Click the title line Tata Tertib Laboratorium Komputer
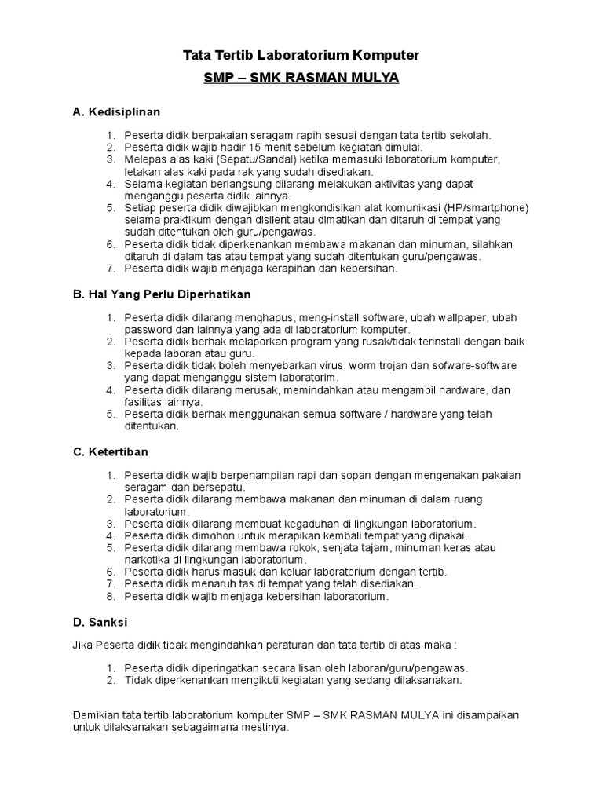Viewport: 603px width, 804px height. (301, 56)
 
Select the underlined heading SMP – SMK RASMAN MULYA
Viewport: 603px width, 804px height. (301, 79)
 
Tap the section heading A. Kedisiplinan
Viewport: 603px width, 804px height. (116, 113)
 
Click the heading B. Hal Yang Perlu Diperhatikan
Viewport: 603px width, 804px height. (161, 294)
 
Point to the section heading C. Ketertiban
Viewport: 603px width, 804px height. (110, 452)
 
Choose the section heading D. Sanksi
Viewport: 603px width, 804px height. (100, 622)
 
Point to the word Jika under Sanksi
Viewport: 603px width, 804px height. (82, 645)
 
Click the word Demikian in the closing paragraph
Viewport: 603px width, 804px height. (97, 716)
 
